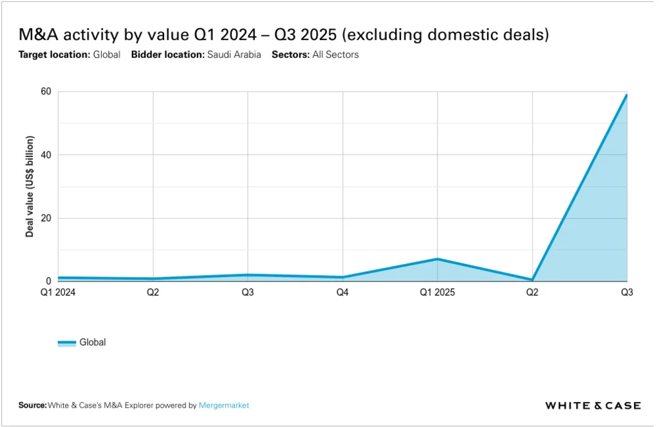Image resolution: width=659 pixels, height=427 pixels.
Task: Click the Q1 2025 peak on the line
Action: (x=438, y=259)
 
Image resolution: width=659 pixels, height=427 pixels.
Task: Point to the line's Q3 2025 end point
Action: (x=626, y=95)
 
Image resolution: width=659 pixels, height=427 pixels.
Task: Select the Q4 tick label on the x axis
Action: (x=342, y=292)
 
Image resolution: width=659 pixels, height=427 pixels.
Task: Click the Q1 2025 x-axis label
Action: (x=438, y=292)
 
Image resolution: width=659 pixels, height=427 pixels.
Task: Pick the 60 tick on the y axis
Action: (x=46, y=91)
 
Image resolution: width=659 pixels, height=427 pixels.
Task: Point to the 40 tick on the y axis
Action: (x=46, y=155)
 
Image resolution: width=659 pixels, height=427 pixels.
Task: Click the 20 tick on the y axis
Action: (x=46, y=218)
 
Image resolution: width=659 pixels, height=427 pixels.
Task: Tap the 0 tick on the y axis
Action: (x=48, y=281)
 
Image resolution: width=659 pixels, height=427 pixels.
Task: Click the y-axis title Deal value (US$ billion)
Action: (x=30, y=187)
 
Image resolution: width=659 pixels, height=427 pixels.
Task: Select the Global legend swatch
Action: (x=66, y=343)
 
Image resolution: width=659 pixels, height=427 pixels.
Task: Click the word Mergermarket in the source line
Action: (x=224, y=405)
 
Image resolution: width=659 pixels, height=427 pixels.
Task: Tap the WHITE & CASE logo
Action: (x=593, y=405)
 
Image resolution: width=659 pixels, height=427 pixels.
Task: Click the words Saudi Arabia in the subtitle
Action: (x=234, y=55)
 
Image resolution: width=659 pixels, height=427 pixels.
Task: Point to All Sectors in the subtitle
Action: (x=335, y=55)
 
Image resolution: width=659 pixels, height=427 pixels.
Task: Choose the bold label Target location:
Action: (x=54, y=55)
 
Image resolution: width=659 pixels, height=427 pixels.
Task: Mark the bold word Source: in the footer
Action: (x=33, y=405)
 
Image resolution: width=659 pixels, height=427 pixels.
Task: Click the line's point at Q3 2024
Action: (x=248, y=275)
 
